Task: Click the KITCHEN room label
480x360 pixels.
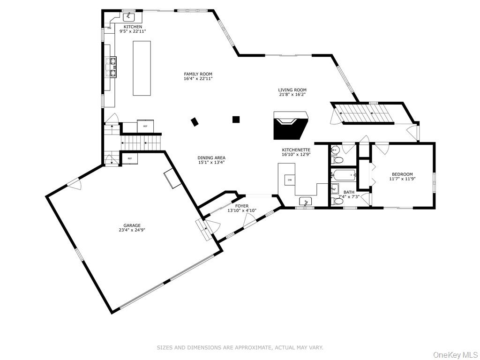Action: click(133, 27)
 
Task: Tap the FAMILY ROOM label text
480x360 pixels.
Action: click(198, 74)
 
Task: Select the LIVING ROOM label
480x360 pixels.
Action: click(292, 90)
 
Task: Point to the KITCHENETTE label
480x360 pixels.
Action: click(296, 150)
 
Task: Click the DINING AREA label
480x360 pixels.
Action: click(211, 158)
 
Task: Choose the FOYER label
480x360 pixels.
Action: click(241, 206)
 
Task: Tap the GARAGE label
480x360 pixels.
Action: click(132, 225)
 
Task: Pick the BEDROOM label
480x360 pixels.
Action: click(402, 174)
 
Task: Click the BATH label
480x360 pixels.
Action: click(349, 192)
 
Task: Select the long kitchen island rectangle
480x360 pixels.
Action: click(142, 68)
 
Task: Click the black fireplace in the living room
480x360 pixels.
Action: click(291, 126)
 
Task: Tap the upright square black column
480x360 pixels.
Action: click(236, 120)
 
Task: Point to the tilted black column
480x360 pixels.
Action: click(195, 122)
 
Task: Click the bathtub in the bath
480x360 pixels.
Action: click(344, 176)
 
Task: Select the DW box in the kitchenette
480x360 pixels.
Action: click(290, 180)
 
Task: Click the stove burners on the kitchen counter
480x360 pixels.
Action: click(113, 67)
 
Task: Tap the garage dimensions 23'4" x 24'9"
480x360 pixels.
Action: click(132, 230)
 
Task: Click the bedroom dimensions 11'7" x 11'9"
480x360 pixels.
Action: click(402, 179)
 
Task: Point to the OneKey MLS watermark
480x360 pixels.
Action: click(455, 354)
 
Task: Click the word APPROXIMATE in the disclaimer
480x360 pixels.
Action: click(248, 347)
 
